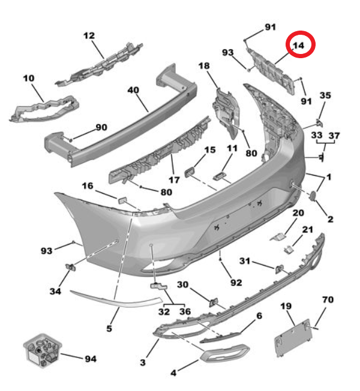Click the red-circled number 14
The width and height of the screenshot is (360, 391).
tap(299, 46)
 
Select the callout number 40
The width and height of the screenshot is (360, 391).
tap(133, 90)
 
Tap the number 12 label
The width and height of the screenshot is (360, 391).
tap(89, 35)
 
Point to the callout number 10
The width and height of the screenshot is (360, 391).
tap(29, 79)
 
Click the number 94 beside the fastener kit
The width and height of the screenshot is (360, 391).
tap(91, 359)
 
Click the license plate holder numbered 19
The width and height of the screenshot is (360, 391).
tap(293, 338)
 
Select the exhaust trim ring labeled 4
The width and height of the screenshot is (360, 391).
tap(224, 353)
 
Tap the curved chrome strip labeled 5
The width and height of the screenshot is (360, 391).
tap(116, 299)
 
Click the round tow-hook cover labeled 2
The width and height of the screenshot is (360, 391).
tap(313, 195)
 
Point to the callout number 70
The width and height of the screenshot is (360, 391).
tap(328, 299)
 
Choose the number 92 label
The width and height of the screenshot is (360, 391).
tap(236, 283)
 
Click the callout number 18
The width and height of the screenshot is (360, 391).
tap(204, 66)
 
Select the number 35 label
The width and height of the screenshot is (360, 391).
tap(325, 95)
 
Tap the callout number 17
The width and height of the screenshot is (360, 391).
tap(174, 180)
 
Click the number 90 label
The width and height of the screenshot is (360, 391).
tap(101, 127)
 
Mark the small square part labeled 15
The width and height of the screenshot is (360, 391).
tap(189, 172)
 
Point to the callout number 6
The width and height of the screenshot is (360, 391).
tap(259, 316)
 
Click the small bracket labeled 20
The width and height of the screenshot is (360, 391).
tap(277, 237)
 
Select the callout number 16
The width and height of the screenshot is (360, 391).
tap(88, 186)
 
